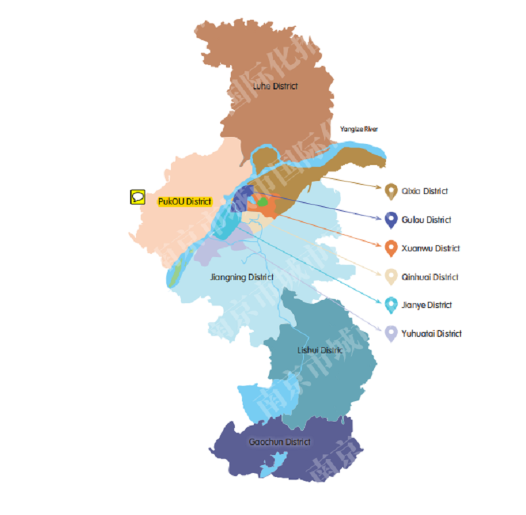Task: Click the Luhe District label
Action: (x=275, y=86)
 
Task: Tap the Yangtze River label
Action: (x=359, y=129)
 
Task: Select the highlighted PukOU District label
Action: (x=184, y=201)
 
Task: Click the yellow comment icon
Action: (x=137, y=196)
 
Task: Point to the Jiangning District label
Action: (x=241, y=277)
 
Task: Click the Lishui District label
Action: (x=320, y=350)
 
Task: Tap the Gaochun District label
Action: (x=279, y=441)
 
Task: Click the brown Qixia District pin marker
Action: (x=391, y=191)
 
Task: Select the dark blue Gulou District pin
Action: (x=391, y=220)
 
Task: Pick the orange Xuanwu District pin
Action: (x=391, y=248)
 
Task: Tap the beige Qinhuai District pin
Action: (x=391, y=277)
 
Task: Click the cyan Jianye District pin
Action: (x=391, y=305)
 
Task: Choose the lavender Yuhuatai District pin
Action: (x=391, y=333)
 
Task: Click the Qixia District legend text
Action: (x=425, y=191)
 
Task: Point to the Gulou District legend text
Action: (x=427, y=220)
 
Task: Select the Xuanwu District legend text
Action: (x=431, y=249)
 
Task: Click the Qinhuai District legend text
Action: (x=430, y=277)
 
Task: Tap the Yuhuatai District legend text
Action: (x=432, y=333)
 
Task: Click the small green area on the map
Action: (x=262, y=201)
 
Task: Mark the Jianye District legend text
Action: (x=427, y=305)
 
